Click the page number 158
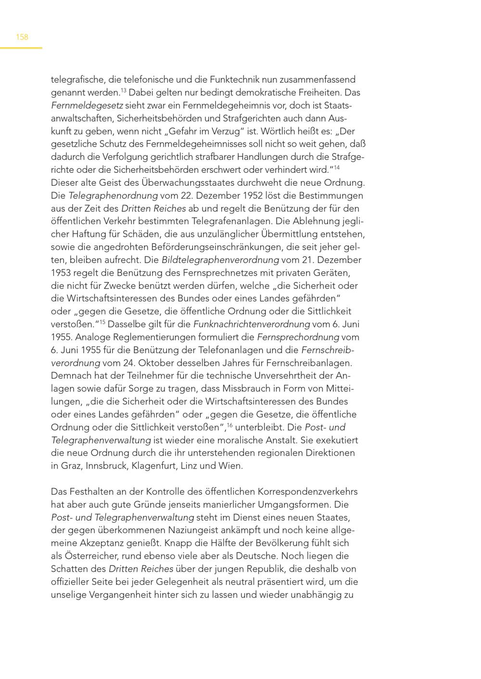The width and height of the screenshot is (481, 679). click(22, 37)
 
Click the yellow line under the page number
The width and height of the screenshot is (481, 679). click(21, 48)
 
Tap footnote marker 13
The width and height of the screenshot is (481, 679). click(124, 90)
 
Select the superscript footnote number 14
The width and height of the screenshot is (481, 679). click(337, 167)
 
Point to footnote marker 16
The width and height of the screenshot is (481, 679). click(230, 425)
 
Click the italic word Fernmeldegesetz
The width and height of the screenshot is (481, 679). click(87, 105)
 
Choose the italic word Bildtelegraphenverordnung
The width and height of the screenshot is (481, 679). click(220, 260)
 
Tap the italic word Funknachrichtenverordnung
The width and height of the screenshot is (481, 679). click(252, 324)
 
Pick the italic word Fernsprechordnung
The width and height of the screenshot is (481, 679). click(298, 337)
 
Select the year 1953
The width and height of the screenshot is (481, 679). click(61, 273)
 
